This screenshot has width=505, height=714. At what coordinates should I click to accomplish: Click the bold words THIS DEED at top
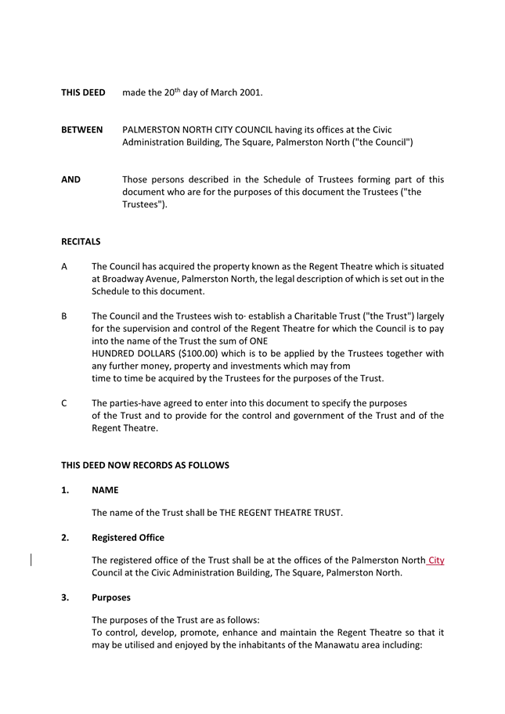tap(83, 93)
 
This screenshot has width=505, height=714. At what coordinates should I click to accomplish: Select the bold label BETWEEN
tap(82, 130)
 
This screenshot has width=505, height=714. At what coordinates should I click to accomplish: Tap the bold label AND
tap(71, 180)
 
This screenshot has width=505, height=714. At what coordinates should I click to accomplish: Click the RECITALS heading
tap(81, 242)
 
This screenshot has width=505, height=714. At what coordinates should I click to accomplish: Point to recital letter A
tap(64, 267)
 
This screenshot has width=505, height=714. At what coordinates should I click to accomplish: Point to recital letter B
tap(64, 316)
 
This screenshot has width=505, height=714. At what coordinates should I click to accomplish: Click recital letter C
tap(64, 403)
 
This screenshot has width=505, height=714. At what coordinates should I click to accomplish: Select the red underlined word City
tap(436, 561)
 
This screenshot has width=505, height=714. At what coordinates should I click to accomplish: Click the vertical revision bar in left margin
tap(31, 560)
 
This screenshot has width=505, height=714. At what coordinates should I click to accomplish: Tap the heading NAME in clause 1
tap(105, 490)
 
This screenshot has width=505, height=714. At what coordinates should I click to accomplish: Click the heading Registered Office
tap(128, 538)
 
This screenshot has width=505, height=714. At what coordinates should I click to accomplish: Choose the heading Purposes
tap(111, 597)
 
